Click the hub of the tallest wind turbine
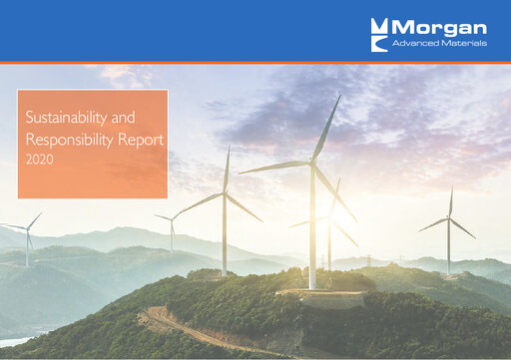coord(311,163)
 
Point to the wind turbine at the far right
coord(448,231)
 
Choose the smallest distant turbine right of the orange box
coord(172,231)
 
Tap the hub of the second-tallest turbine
coord(226,192)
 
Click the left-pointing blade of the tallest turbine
coord(274,168)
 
